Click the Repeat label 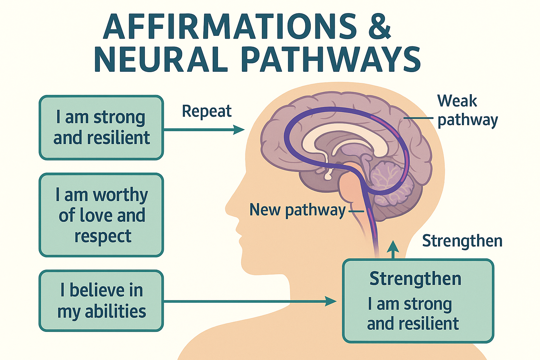207,111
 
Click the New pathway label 297,210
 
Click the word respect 103,236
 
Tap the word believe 97,290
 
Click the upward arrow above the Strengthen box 393,247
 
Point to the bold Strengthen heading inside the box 415,279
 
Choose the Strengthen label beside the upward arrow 462,241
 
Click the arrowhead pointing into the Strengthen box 331,301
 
